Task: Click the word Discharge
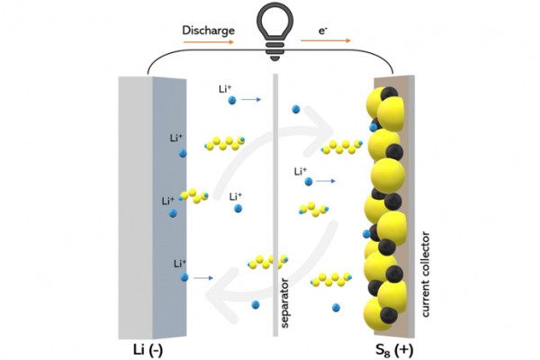(x=209, y=31)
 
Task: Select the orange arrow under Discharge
(x=209, y=42)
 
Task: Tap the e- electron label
(x=323, y=31)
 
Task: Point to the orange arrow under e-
(x=326, y=40)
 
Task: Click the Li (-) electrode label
(x=148, y=350)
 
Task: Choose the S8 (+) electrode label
(x=394, y=350)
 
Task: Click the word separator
(x=284, y=303)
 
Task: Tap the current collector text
(x=426, y=274)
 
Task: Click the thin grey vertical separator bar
(x=275, y=205)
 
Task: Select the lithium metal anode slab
(x=152, y=208)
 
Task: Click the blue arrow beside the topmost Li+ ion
(x=251, y=100)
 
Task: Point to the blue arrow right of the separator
(x=326, y=181)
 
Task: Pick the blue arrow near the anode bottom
(x=203, y=278)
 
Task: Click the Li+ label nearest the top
(x=225, y=89)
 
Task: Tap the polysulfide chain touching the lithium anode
(x=194, y=195)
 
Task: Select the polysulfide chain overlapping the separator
(x=267, y=262)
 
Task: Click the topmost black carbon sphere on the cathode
(x=390, y=94)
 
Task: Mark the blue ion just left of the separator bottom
(x=256, y=305)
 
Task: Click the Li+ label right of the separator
(x=301, y=171)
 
